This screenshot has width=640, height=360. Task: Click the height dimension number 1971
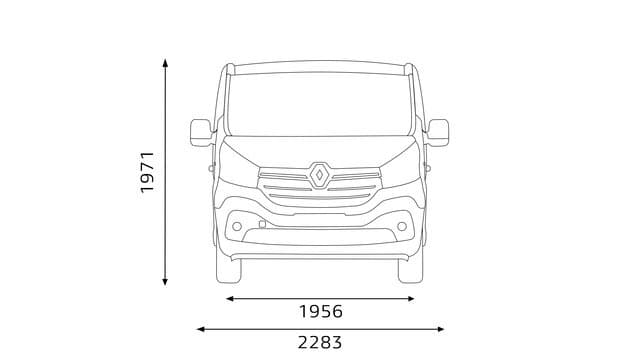148,172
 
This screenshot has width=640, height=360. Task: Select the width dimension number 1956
320,312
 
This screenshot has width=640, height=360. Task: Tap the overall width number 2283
320,343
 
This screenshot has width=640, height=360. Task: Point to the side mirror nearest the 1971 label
201,132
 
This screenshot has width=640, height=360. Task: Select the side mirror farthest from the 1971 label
438,132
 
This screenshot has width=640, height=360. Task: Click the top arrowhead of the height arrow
166,62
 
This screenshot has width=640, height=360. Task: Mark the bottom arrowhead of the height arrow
166,282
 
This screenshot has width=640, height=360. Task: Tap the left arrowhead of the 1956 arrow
229,298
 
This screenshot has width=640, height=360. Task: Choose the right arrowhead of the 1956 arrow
411,298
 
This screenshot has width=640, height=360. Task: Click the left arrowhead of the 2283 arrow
200,328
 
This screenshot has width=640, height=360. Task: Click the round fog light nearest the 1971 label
237,226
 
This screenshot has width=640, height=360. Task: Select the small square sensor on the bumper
261,224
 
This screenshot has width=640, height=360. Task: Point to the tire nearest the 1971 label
228,268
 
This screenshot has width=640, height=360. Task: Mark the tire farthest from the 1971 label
411,268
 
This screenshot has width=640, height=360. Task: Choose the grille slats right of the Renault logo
355,181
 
